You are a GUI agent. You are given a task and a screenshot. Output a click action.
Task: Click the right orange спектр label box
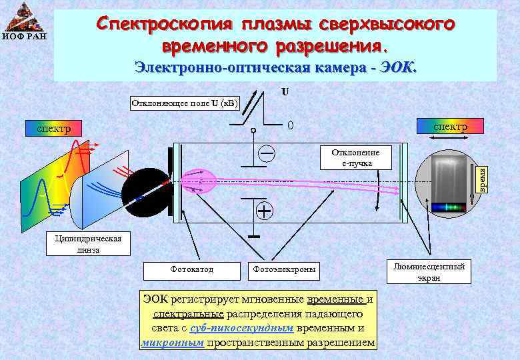(451, 126)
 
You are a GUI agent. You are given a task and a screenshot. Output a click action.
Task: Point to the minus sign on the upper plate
(267, 153)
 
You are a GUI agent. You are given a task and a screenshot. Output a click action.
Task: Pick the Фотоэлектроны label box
(284, 270)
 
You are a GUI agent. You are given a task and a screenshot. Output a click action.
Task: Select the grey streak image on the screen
(447, 177)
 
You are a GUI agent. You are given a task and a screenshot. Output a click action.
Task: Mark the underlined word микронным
(173, 343)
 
